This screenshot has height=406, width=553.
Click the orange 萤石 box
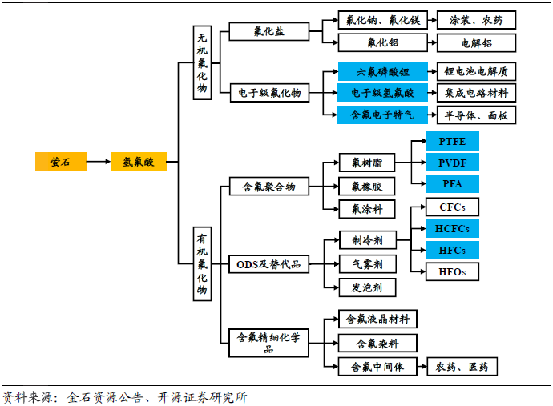60,161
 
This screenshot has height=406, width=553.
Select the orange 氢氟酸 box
138,161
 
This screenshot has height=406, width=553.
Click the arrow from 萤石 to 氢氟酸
98,161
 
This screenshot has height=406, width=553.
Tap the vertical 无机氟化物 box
202,62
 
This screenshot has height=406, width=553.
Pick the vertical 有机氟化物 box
202,263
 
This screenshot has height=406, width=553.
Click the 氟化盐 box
268,31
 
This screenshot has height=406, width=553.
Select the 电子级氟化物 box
268,93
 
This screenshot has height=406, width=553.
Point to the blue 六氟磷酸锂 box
382,72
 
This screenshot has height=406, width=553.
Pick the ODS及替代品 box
268,264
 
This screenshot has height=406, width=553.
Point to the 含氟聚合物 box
268,187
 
